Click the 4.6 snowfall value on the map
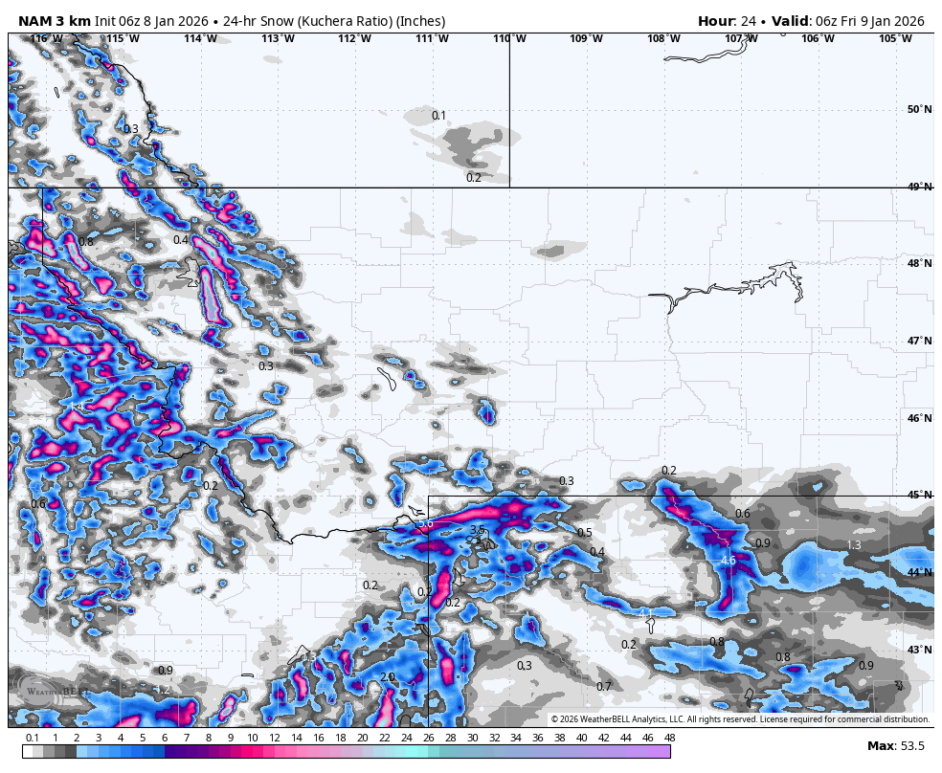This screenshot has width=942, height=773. tap(728, 561)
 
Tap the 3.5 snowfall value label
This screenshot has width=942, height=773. tap(477, 530)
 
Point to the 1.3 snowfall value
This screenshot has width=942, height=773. tap(854, 545)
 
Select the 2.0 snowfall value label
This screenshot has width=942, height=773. tap(388, 677)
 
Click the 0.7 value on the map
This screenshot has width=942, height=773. tap(604, 687)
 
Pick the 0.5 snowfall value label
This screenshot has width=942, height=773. tap(584, 533)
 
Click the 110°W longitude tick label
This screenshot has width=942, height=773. tap(508, 38)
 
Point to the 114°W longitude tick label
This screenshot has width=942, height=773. tap(200, 38)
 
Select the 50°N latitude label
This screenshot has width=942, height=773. tap(919, 109)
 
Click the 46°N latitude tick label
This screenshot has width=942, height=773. tap(919, 418)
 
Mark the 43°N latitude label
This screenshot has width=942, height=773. tap(919, 650)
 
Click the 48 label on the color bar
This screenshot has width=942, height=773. tap(669, 738)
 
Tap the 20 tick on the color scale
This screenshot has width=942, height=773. tap(362, 738)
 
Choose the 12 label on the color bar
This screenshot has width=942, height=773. tap(275, 738)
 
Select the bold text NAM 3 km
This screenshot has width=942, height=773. tap(54, 21)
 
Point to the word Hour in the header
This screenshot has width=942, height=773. tap(716, 21)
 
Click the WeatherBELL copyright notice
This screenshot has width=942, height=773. tap(739, 719)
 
